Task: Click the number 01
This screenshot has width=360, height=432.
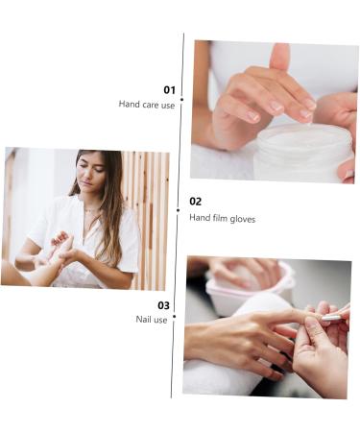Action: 169,89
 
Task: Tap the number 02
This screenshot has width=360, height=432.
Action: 196,202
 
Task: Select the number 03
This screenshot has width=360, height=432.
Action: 163,305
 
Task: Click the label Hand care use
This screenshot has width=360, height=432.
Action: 146,105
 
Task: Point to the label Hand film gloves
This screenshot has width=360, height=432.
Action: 222,218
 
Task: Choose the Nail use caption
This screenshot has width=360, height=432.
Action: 152,320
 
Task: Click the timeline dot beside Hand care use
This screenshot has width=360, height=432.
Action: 181,105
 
